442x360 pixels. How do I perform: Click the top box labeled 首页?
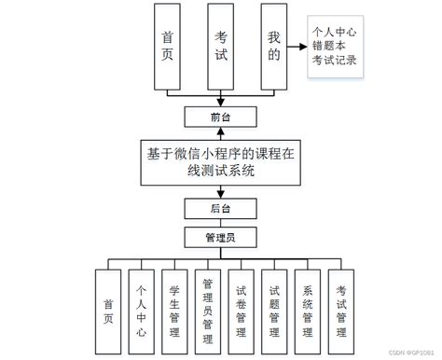[168, 47]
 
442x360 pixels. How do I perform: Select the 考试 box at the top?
[221, 47]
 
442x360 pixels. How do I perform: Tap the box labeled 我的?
[273, 47]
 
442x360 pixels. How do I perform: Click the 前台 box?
[220, 117]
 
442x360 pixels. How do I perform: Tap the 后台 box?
[220, 208]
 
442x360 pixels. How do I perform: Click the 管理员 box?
[220, 237]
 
